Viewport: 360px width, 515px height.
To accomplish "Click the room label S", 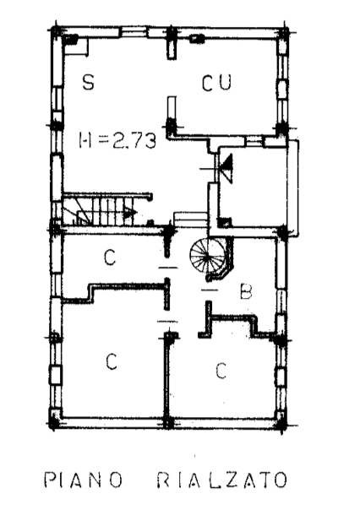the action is coord(89,82).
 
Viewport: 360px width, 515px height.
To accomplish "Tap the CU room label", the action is coord(216,83).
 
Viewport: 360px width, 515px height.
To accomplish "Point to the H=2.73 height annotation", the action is coord(117,141).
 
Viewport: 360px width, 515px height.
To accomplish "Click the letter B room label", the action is coord(246,291).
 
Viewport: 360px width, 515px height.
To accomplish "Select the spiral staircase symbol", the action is coord(208,258).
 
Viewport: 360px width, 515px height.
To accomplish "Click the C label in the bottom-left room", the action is coord(112,361).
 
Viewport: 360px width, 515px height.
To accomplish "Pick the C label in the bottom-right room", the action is coord(221,371).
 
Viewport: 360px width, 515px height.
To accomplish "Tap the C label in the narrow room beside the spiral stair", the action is coord(110,257).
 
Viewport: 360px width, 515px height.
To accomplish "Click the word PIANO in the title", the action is coord(83,480).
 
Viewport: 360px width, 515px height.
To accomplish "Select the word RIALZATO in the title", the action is coord(221,480).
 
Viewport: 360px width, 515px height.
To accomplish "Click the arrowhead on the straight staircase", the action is coord(130,213).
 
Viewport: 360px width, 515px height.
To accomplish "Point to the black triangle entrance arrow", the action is coord(226,168).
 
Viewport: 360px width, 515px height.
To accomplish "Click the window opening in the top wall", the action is coord(132,32).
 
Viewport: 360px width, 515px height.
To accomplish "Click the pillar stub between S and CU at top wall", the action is coord(172,44).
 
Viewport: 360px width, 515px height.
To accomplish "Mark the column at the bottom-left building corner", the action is coord(55,420).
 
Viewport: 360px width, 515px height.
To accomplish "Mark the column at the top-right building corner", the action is coord(283,34).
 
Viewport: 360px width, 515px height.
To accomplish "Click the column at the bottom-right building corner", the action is coord(281,420).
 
